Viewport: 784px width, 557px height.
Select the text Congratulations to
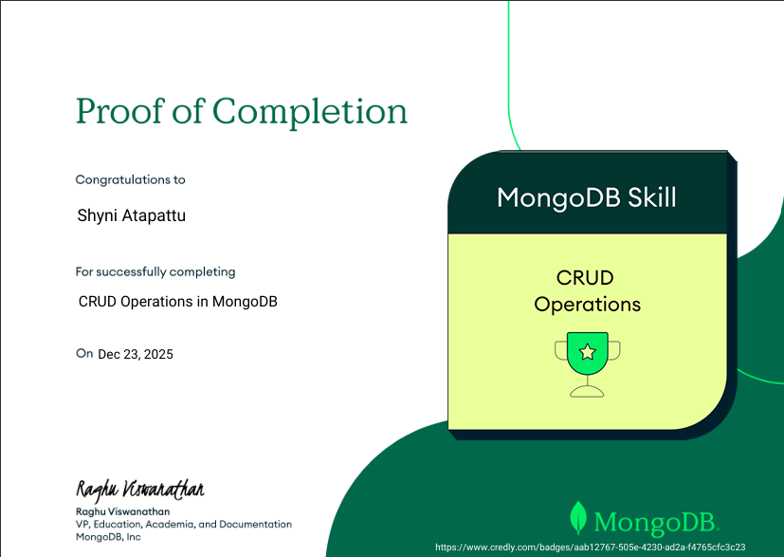pos(131,179)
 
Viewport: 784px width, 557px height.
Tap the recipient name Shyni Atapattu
pos(132,215)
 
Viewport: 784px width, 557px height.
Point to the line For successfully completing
pos(155,271)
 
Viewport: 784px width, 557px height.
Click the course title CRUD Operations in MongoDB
pos(178,302)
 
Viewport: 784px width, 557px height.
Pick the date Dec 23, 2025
pos(136,354)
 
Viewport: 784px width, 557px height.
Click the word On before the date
pos(84,353)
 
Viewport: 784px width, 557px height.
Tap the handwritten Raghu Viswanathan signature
pos(139,490)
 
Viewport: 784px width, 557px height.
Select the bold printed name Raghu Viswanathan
pos(122,511)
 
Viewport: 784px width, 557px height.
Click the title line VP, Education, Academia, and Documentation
pos(184,524)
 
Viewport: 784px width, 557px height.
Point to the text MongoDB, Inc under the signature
pos(108,537)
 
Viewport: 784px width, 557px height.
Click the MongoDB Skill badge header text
pos(587,197)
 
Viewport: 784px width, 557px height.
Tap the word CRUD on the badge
pos(585,278)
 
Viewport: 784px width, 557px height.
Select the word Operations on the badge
pos(587,305)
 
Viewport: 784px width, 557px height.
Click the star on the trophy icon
pos(587,352)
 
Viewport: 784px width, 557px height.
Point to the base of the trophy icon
pos(587,390)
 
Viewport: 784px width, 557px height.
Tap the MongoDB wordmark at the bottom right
pos(656,521)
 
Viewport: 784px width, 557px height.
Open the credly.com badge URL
pos(590,548)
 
